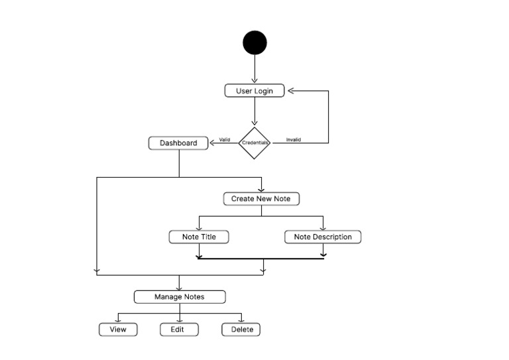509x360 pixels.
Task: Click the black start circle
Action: [x=254, y=43]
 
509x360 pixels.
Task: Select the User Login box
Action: [x=254, y=91]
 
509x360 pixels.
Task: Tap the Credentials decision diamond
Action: [x=254, y=143]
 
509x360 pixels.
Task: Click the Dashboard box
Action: [x=178, y=143]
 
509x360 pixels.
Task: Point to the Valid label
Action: [x=225, y=140]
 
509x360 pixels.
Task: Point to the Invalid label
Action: [x=293, y=140]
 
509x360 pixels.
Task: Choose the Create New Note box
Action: [x=261, y=199]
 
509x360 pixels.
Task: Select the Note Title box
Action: [x=199, y=237]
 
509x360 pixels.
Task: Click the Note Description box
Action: [x=323, y=237]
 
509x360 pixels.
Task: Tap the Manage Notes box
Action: [x=180, y=296]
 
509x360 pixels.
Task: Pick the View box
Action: [x=118, y=330]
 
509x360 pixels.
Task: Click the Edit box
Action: [x=179, y=330]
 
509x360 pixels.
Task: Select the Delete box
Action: [x=241, y=330]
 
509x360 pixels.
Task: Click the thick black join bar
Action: [x=260, y=258]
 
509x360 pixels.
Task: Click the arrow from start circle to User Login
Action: [x=254, y=69]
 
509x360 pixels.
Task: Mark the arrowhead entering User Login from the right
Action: [x=290, y=91]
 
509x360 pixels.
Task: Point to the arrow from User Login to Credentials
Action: [x=254, y=111]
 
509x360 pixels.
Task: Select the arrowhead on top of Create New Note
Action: [x=261, y=190]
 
